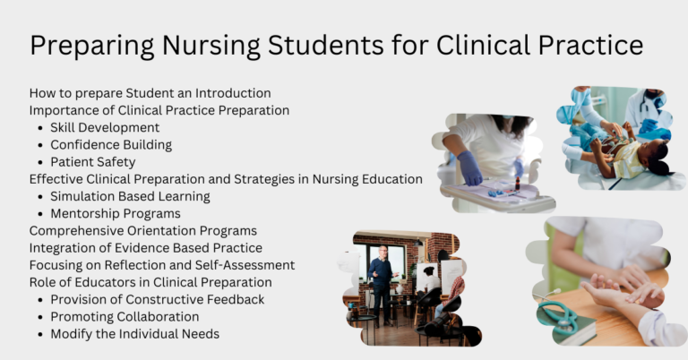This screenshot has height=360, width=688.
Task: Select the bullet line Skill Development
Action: [105, 128]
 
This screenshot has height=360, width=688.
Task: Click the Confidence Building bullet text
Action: [111, 145]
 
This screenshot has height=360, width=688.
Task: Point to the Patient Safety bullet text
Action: [93, 162]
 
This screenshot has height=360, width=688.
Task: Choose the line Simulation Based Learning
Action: [130, 196]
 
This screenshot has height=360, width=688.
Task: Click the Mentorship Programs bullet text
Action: [116, 213]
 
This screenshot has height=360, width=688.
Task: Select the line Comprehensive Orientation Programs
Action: [142, 231]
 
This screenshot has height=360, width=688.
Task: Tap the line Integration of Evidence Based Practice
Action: [145, 248]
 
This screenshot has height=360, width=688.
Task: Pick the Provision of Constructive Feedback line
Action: [158, 299]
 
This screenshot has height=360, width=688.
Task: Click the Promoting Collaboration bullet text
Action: [125, 317]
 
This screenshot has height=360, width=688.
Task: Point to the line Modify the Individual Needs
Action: [134, 334]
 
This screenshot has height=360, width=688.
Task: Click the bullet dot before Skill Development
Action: [39, 128]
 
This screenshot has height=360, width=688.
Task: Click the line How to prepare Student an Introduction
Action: [150, 93]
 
